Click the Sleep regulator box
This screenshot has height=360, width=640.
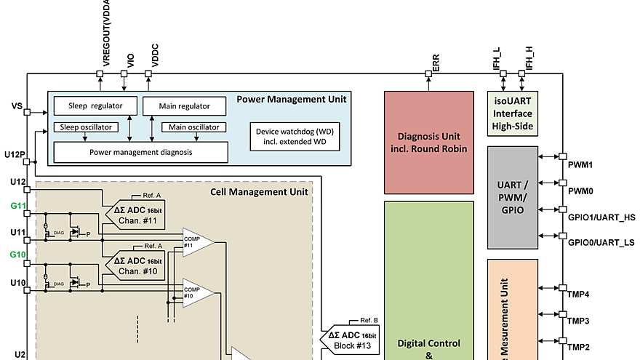[x=95, y=105]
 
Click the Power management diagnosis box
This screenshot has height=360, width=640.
[x=141, y=152]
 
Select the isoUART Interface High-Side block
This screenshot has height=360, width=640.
[x=512, y=113]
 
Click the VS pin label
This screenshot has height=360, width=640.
[x=17, y=106]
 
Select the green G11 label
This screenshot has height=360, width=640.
[x=18, y=207]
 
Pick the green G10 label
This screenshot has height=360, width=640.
[x=18, y=255]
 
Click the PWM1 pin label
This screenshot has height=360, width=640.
[x=580, y=165]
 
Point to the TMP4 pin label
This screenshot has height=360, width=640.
[x=578, y=295]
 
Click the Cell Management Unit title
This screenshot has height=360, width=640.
[x=259, y=192]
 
